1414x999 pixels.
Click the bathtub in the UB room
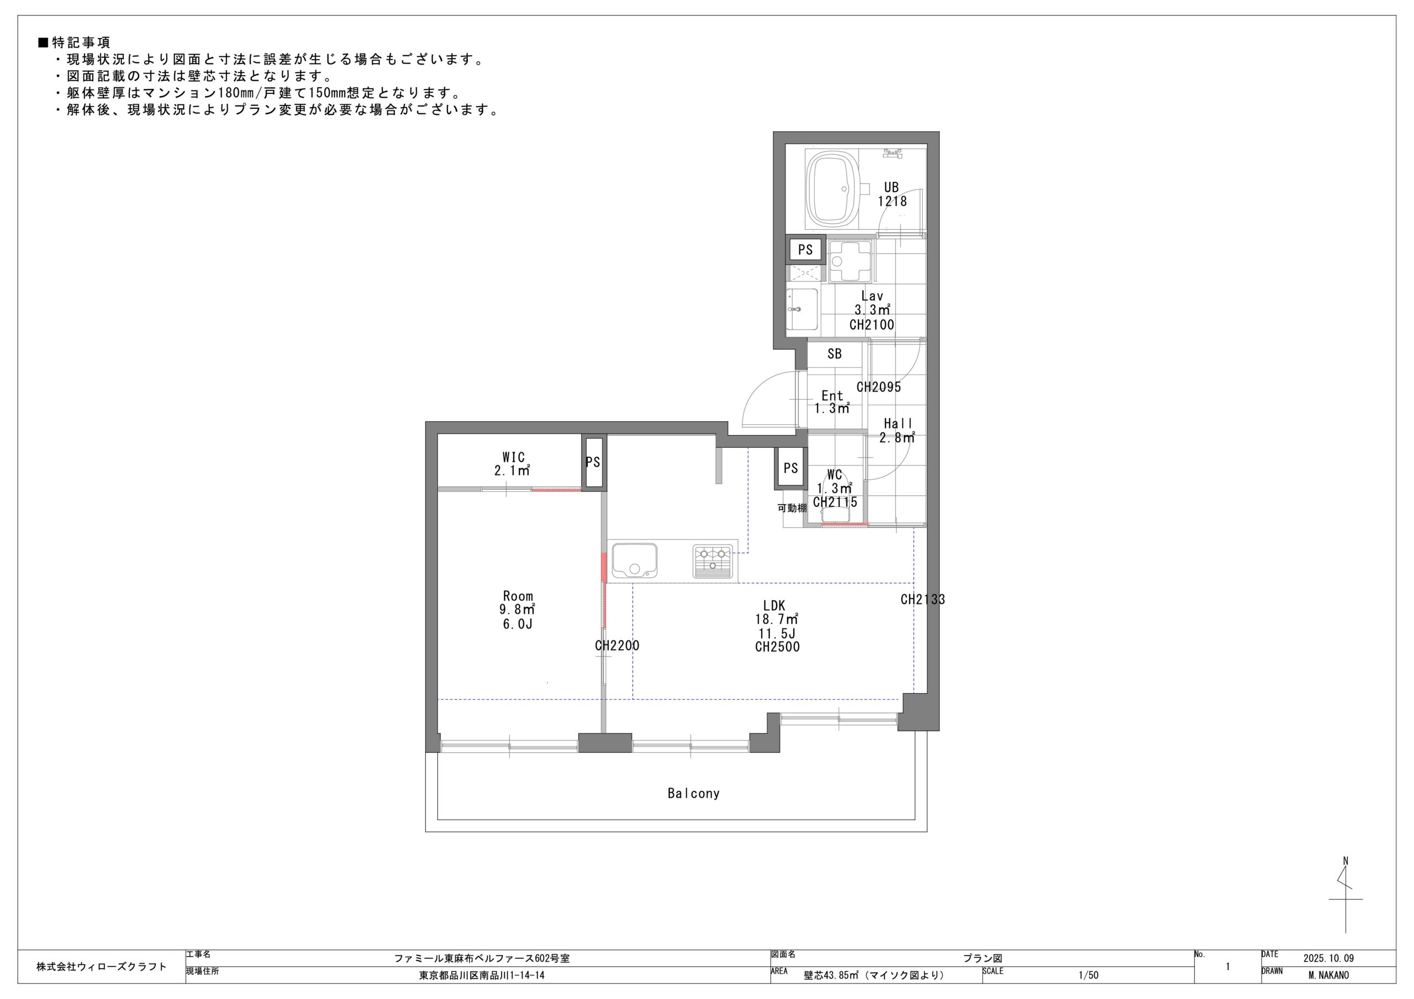(x=831, y=190)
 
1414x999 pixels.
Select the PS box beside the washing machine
(x=805, y=250)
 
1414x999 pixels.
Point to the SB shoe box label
(x=835, y=354)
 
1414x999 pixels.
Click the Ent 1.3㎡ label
(x=832, y=402)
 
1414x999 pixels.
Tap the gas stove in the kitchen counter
(x=713, y=562)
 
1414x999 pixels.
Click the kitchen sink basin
(x=634, y=561)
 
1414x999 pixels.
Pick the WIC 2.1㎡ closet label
(x=513, y=464)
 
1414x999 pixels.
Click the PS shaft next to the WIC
(x=594, y=462)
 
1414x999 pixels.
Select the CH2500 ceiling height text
(x=777, y=647)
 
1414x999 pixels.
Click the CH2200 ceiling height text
(x=617, y=646)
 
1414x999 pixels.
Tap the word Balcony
(x=693, y=793)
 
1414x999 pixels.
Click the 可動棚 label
(x=792, y=508)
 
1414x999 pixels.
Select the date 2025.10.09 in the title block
(x=1328, y=958)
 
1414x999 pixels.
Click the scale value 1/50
(x=1088, y=975)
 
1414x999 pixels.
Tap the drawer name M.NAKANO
(x=1328, y=975)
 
